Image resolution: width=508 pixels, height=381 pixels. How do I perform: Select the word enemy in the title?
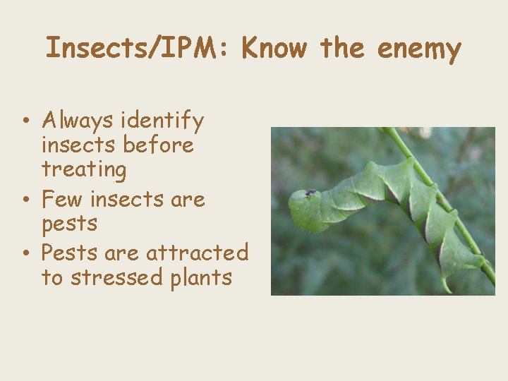pos(419,49)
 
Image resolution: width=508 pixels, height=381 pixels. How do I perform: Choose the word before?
pos(157,145)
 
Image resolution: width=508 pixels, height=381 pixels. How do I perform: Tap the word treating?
pos(84,169)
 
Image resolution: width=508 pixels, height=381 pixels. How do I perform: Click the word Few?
pos(61,199)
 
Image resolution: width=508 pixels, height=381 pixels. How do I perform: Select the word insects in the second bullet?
pos(127,199)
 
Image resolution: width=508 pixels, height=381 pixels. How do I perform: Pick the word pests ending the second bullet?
pos(69,224)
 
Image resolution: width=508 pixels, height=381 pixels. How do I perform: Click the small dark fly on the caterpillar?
pos(310,193)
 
